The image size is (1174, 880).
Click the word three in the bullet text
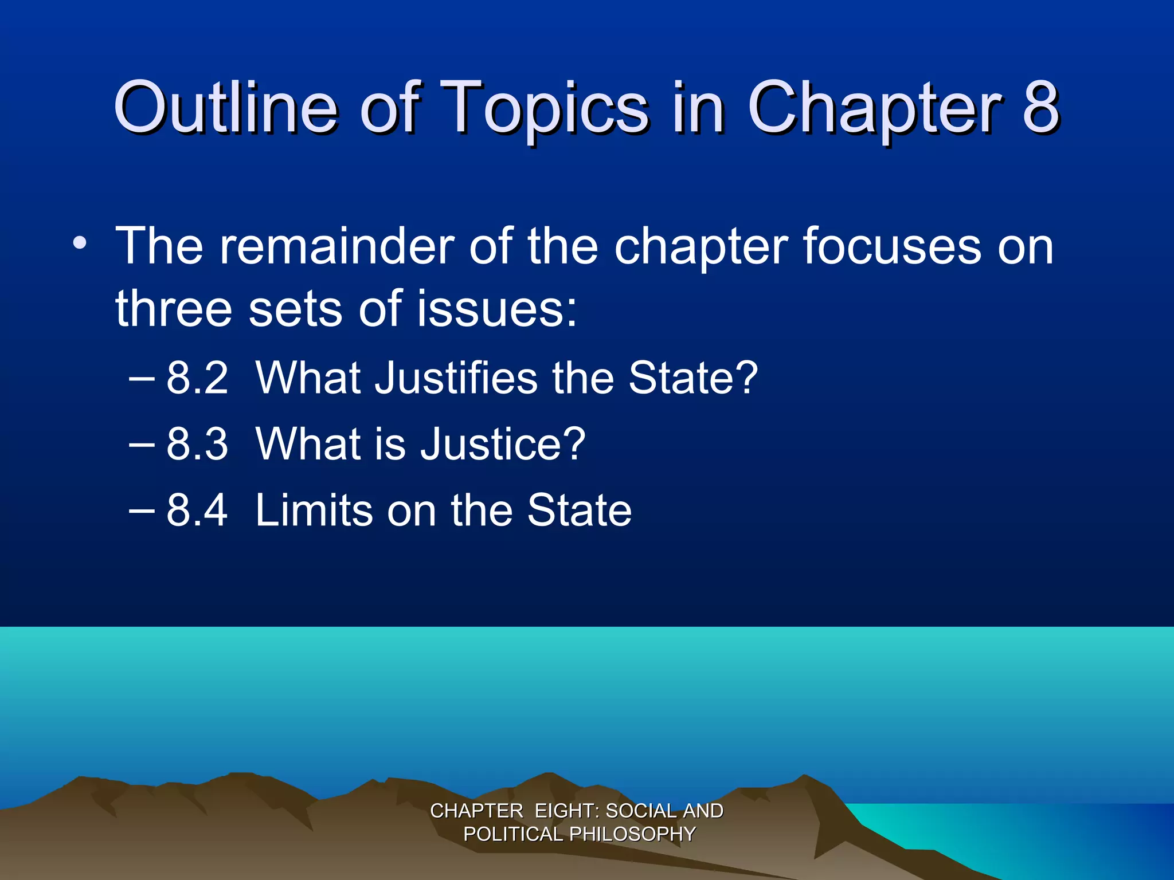tap(174, 309)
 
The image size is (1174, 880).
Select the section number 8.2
tap(197, 378)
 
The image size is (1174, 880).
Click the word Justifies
tap(456, 378)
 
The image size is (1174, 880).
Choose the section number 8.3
tap(197, 444)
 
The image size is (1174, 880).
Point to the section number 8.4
tap(197, 510)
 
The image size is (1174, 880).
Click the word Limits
tap(313, 510)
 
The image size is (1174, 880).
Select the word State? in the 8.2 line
tap(693, 378)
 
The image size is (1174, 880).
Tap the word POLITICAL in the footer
tap(512, 834)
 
